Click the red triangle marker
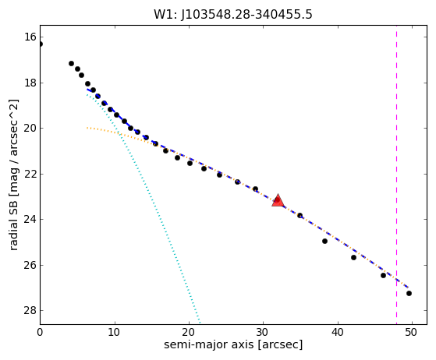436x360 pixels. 278,200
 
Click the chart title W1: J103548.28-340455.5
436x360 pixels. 233,15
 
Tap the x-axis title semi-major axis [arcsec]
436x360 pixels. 233,344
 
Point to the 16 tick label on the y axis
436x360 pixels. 30,37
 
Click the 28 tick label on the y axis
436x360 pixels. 30,310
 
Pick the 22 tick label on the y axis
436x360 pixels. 30,174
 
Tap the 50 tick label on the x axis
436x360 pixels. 411,332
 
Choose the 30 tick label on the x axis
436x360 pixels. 263,332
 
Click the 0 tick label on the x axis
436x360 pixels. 40,332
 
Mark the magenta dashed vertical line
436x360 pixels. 396,175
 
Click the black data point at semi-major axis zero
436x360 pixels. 41,44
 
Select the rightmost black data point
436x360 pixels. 409,293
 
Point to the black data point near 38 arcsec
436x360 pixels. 324,241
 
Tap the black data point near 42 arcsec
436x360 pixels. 353,257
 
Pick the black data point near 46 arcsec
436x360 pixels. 383,276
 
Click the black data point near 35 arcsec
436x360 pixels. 300,215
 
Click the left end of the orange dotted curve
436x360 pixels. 87,128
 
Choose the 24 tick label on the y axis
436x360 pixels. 30,220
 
